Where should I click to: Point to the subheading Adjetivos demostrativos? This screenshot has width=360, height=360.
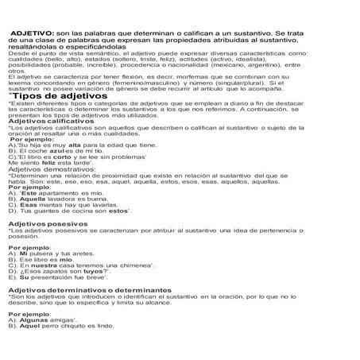[x=52, y=148]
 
